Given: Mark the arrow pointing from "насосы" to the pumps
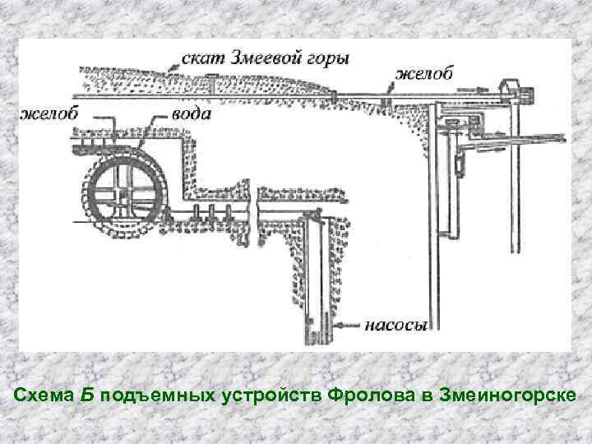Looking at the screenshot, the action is tap(345, 326).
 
